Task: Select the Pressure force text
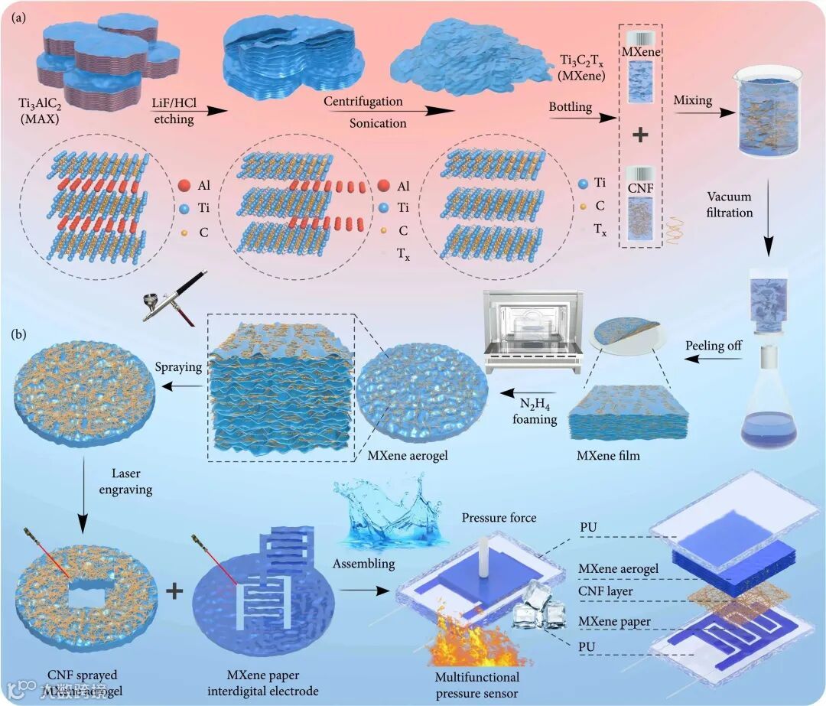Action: (499, 519)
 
